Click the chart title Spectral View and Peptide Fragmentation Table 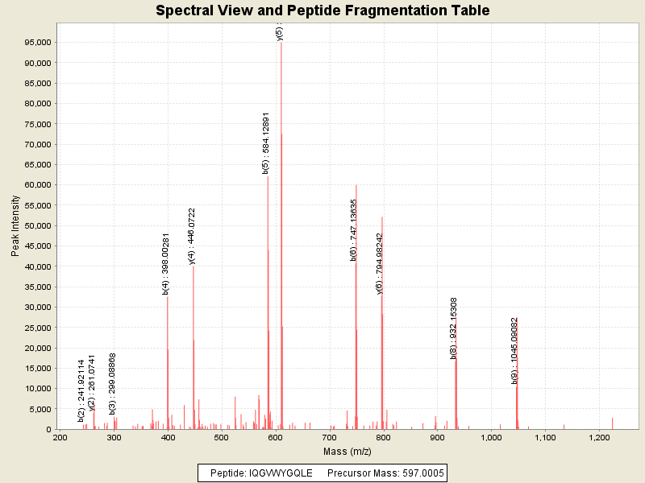click(322, 10)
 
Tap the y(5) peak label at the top click(279, 32)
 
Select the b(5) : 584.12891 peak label click(265, 144)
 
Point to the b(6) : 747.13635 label click(353, 230)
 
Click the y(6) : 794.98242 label click(380, 263)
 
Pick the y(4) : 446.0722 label click(192, 236)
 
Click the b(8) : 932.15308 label click(454, 328)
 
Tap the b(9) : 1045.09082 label click(514, 351)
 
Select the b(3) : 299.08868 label click(113, 383)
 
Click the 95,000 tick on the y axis click(38, 43)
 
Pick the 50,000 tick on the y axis click(38, 225)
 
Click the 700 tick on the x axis click(329, 438)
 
